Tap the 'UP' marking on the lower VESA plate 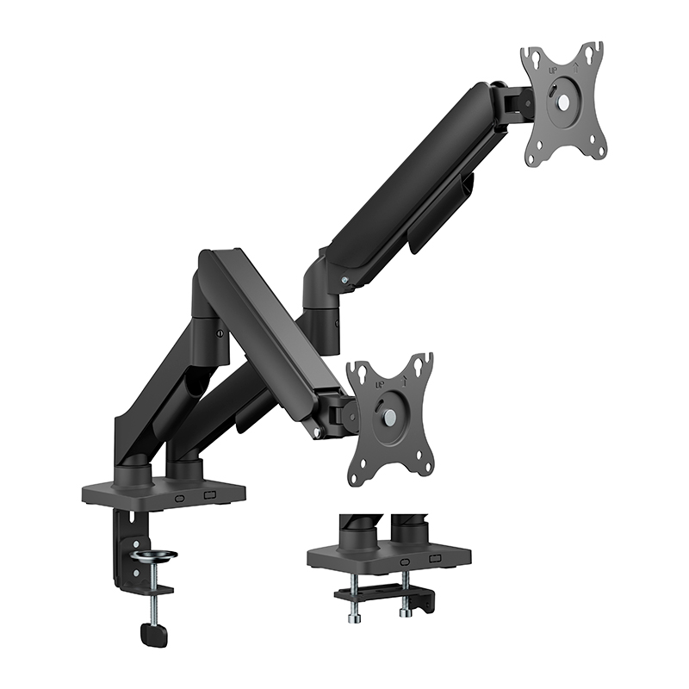(x=369, y=377)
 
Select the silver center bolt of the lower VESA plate (x=388, y=415)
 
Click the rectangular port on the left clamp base (x=209, y=496)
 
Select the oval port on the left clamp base (x=180, y=497)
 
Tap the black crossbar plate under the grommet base (x=379, y=593)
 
